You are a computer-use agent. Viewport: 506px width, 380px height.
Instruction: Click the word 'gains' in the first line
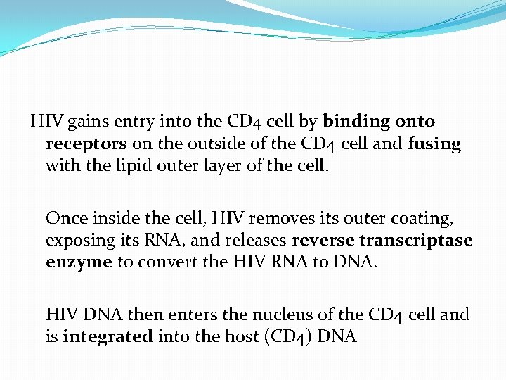coord(88,122)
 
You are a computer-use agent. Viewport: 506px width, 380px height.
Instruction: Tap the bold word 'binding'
coord(357,121)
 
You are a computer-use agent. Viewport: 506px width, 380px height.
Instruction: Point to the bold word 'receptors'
coord(86,144)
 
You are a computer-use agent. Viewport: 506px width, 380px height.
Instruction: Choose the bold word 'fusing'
coord(434,144)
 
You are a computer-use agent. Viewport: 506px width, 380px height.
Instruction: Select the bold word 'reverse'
coord(323,240)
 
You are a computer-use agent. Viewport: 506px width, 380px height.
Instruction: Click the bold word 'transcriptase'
coord(416,240)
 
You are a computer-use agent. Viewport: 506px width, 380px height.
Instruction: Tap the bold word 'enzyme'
coord(79,262)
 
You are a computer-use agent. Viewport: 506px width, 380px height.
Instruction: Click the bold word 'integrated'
coord(108,336)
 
